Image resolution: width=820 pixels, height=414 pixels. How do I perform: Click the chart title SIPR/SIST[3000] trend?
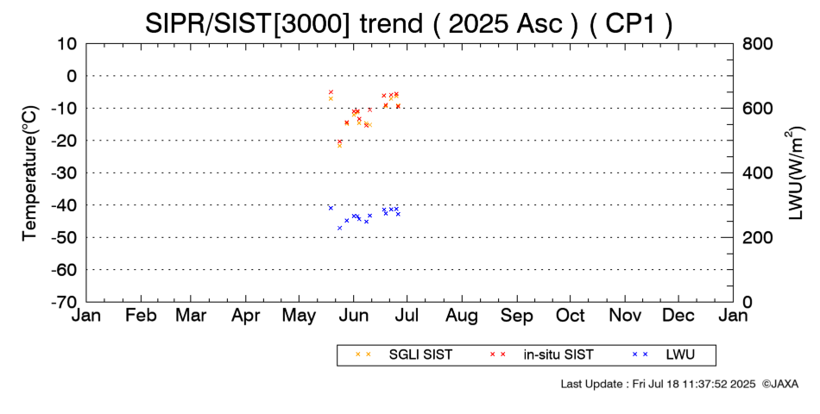(x=283, y=23)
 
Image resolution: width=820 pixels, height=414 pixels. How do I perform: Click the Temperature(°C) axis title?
(x=30, y=173)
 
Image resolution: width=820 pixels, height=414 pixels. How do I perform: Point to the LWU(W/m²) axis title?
(x=793, y=173)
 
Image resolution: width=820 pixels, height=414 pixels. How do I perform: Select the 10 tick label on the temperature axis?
(x=66, y=43)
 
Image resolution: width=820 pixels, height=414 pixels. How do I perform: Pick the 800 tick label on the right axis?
(x=757, y=43)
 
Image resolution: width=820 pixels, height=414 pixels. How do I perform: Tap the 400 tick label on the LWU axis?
(x=757, y=173)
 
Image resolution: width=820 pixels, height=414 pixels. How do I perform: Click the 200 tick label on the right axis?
(x=757, y=237)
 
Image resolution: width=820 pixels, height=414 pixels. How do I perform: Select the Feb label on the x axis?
(x=141, y=316)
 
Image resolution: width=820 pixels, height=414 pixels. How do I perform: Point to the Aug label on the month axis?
(x=462, y=316)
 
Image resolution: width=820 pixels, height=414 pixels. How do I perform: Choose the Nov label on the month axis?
(x=625, y=316)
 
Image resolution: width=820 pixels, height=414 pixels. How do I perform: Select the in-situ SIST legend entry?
(x=541, y=355)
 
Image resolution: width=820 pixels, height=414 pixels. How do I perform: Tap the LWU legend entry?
(x=663, y=355)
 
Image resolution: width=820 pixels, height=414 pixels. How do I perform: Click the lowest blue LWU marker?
(x=339, y=228)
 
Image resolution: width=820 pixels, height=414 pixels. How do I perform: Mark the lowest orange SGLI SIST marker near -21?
(x=339, y=146)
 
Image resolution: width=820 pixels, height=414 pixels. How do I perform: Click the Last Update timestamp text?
(x=658, y=384)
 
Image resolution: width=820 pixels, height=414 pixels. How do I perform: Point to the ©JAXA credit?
(x=780, y=384)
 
